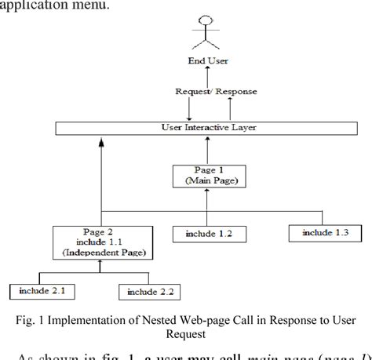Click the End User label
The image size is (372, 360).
(209, 61)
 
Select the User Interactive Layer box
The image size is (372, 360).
(207, 127)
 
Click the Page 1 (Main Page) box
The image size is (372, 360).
(207, 175)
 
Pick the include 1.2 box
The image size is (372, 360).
(207, 233)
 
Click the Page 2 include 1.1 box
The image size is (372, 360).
(102, 243)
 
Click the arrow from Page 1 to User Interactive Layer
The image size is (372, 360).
(207, 147)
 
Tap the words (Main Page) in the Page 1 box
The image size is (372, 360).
(207, 180)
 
